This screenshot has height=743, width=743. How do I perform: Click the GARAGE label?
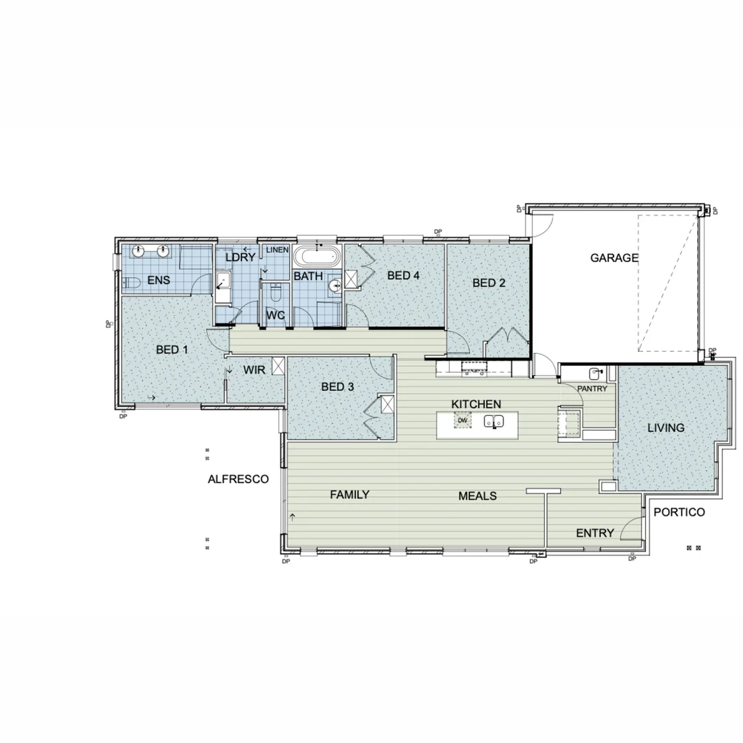coord(614,259)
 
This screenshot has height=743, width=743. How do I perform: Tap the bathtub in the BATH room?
coord(317,258)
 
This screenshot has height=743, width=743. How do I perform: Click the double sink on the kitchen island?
coord(494,421)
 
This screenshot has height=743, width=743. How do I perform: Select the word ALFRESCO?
coord(238,480)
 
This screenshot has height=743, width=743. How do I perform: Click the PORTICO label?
coord(679,513)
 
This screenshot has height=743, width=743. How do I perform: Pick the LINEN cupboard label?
coord(277,250)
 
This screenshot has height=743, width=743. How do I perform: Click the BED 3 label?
coord(338,387)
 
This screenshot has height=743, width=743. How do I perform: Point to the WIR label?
coord(254,370)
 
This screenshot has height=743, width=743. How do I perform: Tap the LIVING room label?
coord(666,428)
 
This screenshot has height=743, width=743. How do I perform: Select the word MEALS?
coord(478,496)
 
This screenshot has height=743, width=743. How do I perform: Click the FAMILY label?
coord(349,495)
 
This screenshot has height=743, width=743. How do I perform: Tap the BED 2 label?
coord(489,283)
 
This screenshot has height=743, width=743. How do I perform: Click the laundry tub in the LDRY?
coord(223,281)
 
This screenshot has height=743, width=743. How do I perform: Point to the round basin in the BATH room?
coord(335,285)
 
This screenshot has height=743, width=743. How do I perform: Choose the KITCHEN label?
coord(476,404)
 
